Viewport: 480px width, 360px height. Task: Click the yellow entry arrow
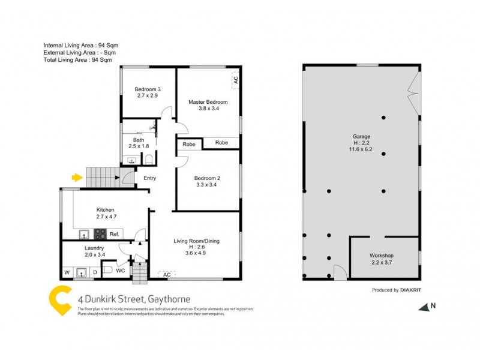pos(76,177)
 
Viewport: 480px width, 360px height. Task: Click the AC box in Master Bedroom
pos(235,79)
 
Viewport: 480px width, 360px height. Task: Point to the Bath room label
pos(138,142)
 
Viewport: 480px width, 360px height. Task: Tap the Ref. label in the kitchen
pos(114,234)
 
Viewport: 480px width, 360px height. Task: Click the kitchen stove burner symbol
pos(100,234)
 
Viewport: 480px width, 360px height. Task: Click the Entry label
pos(149,178)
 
